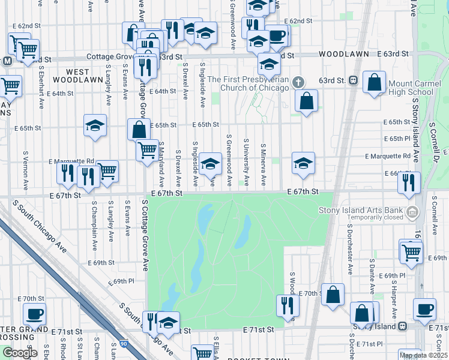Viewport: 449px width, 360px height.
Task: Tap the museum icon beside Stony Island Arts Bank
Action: tap(412, 212)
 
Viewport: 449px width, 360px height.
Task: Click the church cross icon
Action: tap(298, 82)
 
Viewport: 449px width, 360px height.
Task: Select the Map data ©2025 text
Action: tap(424, 355)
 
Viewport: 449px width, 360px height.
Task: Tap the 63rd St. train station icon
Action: tap(354, 80)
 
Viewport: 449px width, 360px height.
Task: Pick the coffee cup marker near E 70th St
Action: tap(34, 313)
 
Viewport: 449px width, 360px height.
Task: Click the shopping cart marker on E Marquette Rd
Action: tap(107, 170)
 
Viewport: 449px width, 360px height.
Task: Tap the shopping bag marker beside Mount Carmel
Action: tap(374, 82)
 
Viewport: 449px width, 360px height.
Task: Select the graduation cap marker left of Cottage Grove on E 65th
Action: tap(95, 125)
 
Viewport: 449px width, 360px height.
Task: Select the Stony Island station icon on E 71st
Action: tap(403, 326)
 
